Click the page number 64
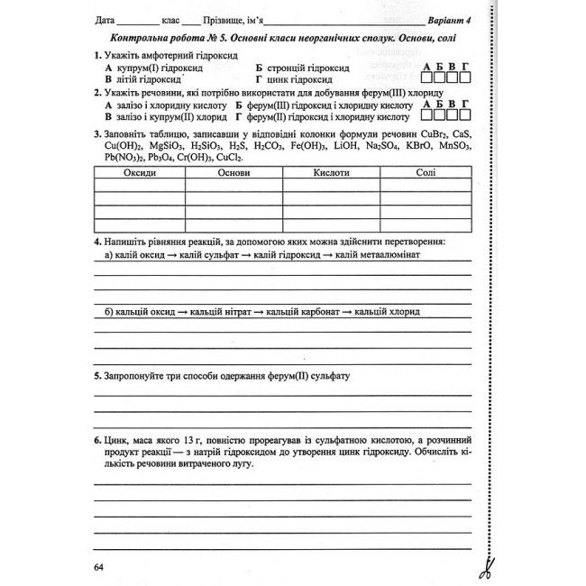pyautogui.click(x=98, y=566)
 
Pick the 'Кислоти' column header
pyautogui.click(x=332, y=172)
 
